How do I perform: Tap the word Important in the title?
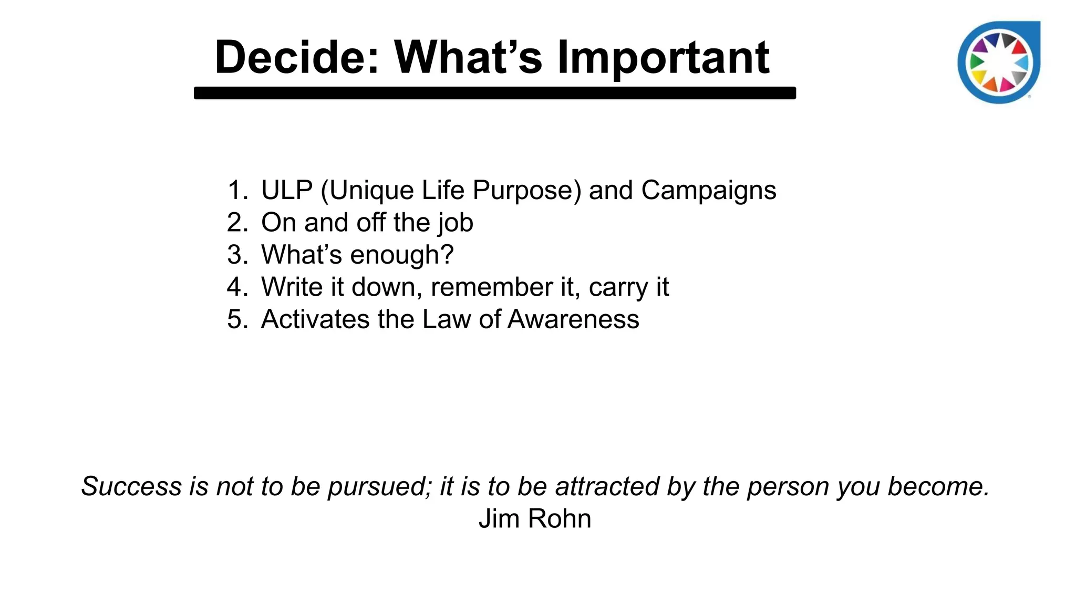pos(663,58)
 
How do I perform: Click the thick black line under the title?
pos(494,93)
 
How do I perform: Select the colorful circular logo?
pos(999,62)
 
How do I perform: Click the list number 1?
pos(236,190)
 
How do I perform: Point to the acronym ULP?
pos(287,190)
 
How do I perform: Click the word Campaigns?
pos(708,190)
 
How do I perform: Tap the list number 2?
pos(236,223)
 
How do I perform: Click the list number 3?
pos(236,255)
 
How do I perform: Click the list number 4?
pos(236,287)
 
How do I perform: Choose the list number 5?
pos(236,319)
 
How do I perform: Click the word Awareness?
pos(573,319)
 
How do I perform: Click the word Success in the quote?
pos(131,486)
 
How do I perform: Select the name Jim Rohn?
pos(535,519)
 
